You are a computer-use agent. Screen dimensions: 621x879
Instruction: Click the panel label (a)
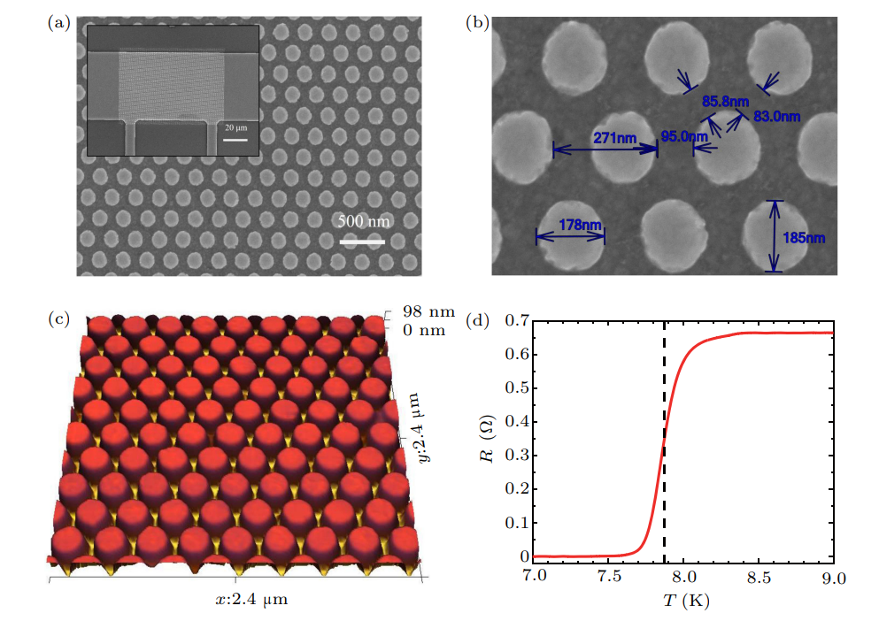pyautogui.click(x=58, y=24)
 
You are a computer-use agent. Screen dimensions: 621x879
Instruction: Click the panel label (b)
pyautogui.click(x=477, y=24)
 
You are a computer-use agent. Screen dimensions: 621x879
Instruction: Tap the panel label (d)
pyautogui.click(x=477, y=320)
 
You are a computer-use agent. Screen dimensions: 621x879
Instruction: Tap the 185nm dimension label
pyautogui.click(x=804, y=237)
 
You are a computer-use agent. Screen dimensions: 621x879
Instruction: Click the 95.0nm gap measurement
pyautogui.click(x=684, y=136)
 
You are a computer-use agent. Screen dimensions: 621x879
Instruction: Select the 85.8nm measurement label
pyautogui.click(x=721, y=102)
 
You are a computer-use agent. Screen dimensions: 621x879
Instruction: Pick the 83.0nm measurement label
pyautogui.click(x=776, y=116)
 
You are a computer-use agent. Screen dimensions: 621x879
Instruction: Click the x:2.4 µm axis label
pyautogui.click(x=251, y=600)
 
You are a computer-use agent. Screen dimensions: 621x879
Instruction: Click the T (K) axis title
pyautogui.click(x=685, y=601)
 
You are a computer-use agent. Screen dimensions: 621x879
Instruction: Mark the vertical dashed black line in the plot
pyautogui.click(x=664, y=442)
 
